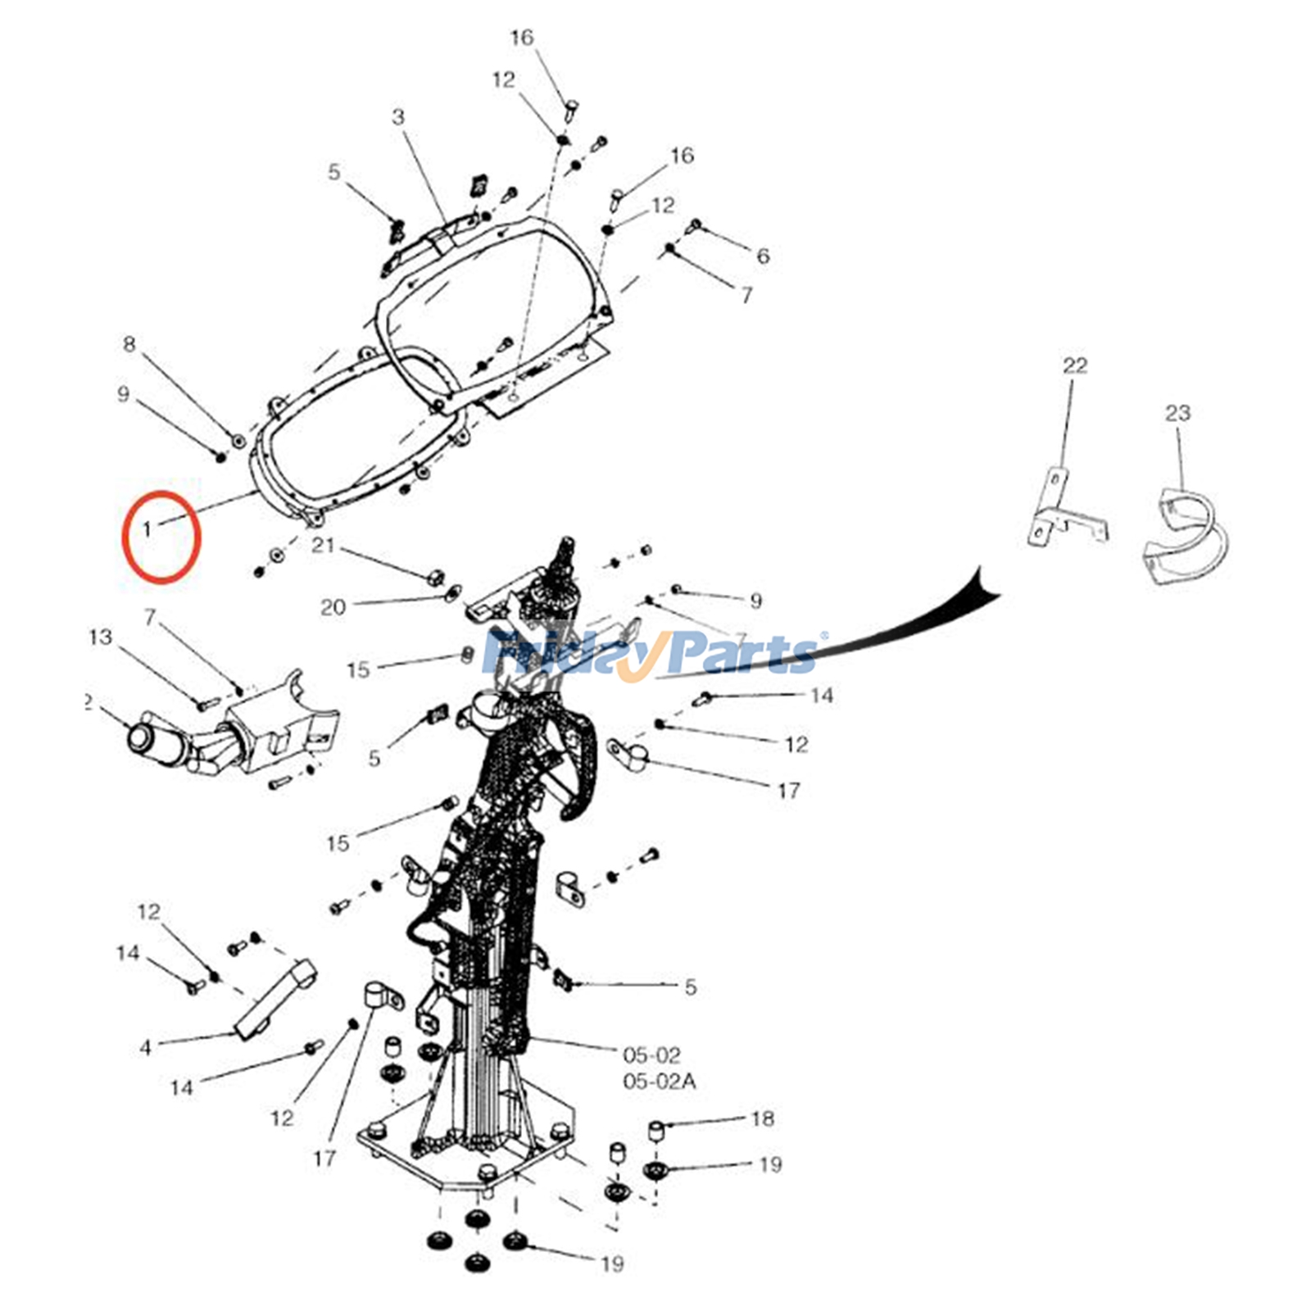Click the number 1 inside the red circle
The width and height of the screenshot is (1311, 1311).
(x=147, y=529)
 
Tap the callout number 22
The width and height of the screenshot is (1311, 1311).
(x=1074, y=365)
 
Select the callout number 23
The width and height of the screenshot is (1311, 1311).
(x=1177, y=413)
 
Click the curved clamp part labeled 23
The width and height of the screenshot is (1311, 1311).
(x=1186, y=537)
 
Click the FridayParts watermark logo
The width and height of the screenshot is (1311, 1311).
(x=651, y=654)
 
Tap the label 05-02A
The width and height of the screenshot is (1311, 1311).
(x=660, y=1082)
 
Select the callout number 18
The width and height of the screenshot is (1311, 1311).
(x=762, y=1118)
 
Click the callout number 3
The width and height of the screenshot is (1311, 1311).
(x=398, y=117)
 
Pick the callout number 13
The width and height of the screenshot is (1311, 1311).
(x=100, y=637)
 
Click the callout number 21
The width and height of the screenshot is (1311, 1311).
(x=323, y=545)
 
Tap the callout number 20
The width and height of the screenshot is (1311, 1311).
(x=333, y=607)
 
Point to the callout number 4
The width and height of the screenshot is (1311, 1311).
(x=146, y=1047)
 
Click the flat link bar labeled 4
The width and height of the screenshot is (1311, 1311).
(x=276, y=996)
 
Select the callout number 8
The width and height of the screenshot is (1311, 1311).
(x=129, y=344)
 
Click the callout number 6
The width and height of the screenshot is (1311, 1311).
(x=763, y=256)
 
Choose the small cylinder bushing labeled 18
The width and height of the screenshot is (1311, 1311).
(x=657, y=1131)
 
